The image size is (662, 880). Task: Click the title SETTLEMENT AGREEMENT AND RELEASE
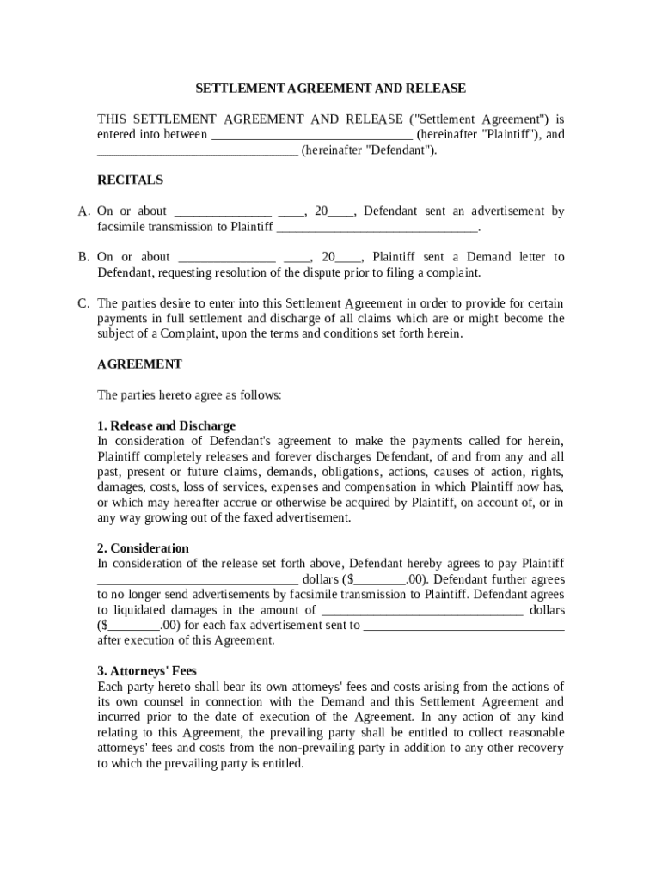point(330,89)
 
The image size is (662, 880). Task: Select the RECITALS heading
point(130,180)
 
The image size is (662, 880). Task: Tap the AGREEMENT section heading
point(139,364)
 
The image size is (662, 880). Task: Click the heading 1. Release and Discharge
point(166,425)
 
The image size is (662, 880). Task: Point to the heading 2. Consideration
point(143,548)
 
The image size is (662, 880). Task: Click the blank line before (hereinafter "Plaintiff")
point(311,136)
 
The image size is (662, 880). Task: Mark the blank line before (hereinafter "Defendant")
point(198,151)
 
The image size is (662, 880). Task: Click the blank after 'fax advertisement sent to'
point(464,626)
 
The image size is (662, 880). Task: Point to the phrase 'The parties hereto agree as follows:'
point(189,395)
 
